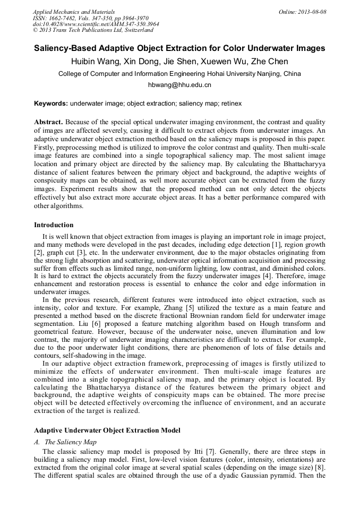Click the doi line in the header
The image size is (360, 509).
(96, 24)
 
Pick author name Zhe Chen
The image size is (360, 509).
(270, 62)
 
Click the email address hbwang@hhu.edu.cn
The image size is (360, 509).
(179, 85)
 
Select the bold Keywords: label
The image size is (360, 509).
(51, 103)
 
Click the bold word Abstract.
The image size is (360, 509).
(49, 122)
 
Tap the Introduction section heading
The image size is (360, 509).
(54, 225)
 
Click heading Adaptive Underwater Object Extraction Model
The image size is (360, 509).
(107, 430)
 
